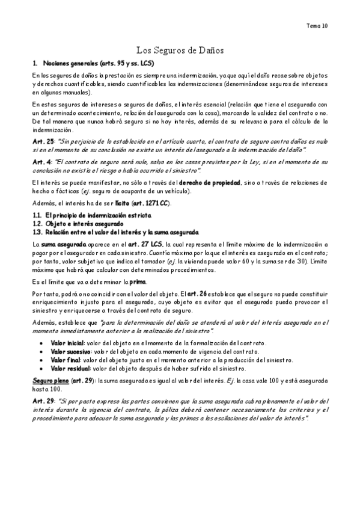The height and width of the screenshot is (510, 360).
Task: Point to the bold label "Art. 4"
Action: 40,162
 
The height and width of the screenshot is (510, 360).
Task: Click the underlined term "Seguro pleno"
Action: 49,381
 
